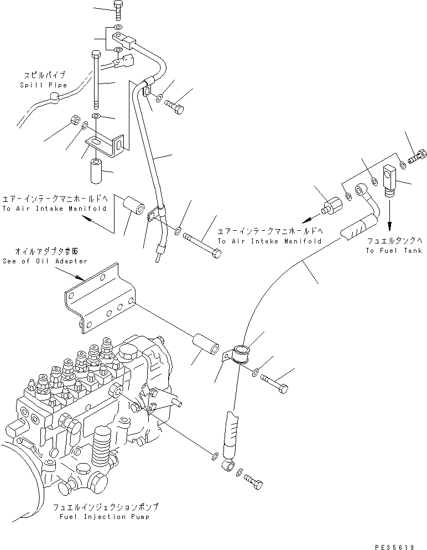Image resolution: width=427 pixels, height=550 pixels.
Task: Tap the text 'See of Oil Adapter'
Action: pyautogui.click(x=45, y=261)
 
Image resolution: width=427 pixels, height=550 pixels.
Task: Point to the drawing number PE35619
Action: pyautogui.click(x=394, y=545)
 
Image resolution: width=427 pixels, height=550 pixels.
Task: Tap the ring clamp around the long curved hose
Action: pyautogui.click(x=241, y=354)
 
